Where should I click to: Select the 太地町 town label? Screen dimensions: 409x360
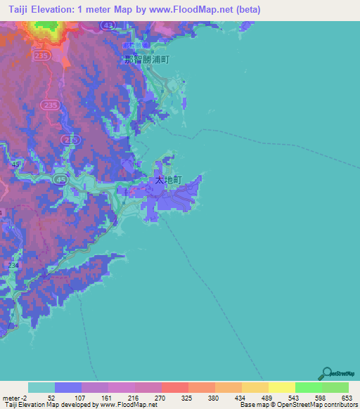point(168,180)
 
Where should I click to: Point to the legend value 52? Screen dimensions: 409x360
point(55,397)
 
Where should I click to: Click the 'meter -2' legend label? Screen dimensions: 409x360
point(14,397)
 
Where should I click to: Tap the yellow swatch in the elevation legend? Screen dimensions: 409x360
point(281,387)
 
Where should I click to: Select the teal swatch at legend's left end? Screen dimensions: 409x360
point(41,387)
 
